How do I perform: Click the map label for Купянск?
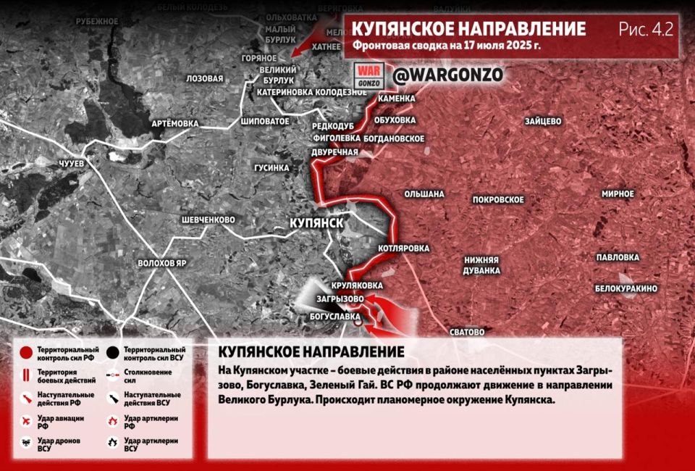coord(316,222)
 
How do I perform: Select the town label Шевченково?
coord(208,220)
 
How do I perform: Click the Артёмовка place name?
coord(174,123)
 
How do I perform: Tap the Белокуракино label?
coord(626,288)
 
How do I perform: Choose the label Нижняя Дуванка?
coord(482,265)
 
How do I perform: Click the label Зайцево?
coord(543,121)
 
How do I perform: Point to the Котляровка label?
coord(403,248)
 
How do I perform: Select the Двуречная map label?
coord(334,151)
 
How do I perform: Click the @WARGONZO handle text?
coord(447,74)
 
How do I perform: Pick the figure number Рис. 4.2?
coord(646,30)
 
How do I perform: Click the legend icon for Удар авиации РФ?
coord(27,422)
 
